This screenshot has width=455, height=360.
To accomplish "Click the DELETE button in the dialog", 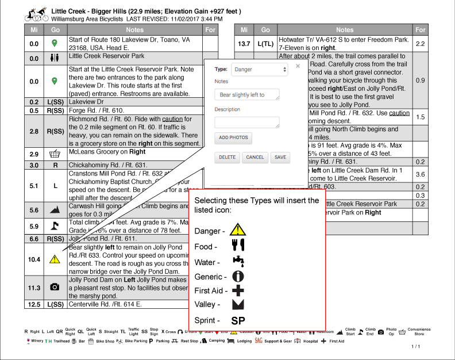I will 227,158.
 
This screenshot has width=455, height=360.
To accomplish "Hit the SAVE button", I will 280,158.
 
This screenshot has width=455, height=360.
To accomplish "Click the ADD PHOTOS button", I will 233,137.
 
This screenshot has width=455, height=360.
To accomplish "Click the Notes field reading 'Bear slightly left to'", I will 246,94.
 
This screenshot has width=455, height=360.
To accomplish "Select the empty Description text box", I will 246,122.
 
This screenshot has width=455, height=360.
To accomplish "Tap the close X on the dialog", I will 298,66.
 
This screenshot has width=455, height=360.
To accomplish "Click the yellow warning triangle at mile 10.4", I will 55,259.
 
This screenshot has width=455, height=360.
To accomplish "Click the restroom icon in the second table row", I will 55,58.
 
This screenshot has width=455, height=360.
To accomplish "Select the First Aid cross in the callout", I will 238,290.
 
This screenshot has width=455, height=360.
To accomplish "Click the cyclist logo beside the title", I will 36,14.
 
